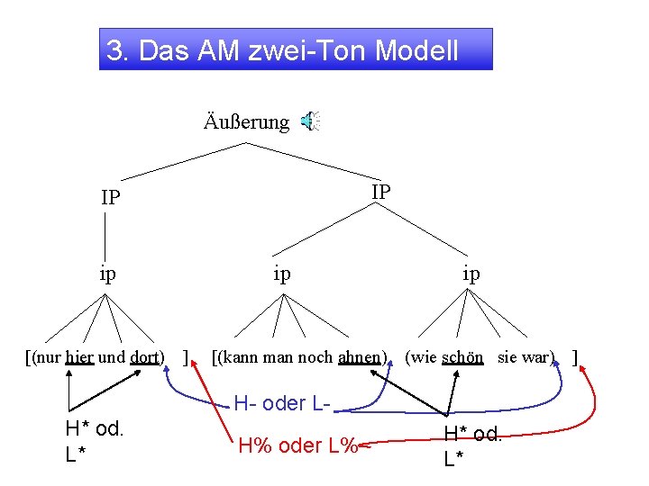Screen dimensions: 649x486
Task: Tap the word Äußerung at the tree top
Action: coord(246,121)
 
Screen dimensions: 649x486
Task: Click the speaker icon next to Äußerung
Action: coord(309,121)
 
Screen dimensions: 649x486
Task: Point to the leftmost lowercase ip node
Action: coord(108,273)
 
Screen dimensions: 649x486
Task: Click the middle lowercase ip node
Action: coord(282,273)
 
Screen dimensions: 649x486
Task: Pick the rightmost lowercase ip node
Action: coord(471,273)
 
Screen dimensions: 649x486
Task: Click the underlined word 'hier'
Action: coord(79,356)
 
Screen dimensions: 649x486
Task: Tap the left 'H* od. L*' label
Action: coord(94,441)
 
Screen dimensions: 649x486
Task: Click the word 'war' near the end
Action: coord(539,356)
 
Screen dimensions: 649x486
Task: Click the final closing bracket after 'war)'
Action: coord(574,356)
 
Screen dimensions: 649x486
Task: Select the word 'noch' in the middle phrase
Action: coord(313,356)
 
